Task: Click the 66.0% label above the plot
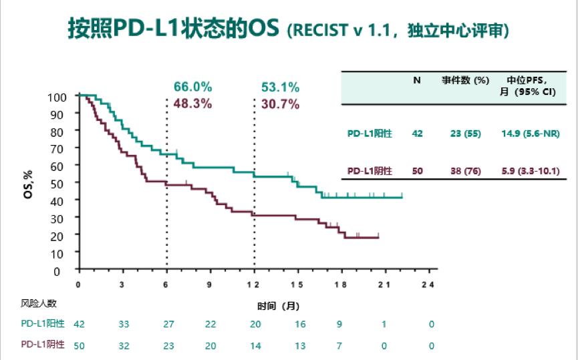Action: [192, 87]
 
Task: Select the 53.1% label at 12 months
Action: [280, 87]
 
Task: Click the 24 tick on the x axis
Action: [428, 285]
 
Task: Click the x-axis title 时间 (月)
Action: [279, 306]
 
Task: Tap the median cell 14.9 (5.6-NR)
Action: [530, 134]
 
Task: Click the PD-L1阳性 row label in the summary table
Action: [370, 134]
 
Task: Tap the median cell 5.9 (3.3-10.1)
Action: [530, 171]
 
